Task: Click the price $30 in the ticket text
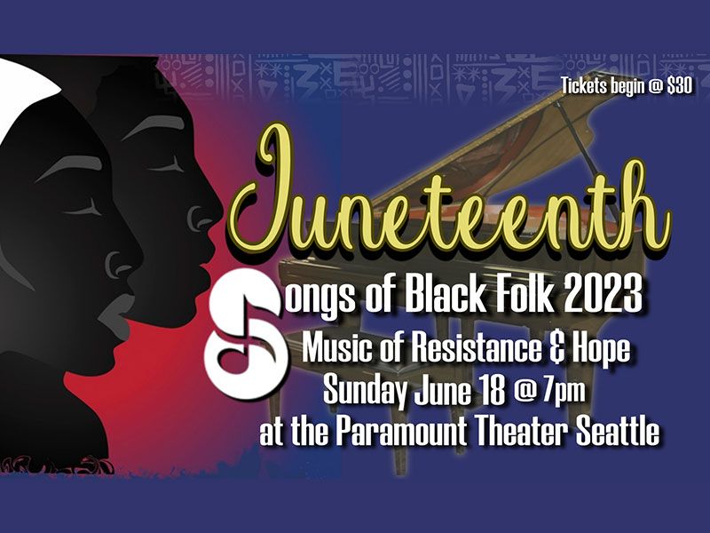(x=680, y=86)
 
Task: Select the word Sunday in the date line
(x=365, y=391)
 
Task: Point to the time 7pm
(x=564, y=390)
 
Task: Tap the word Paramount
(x=402, y=431)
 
